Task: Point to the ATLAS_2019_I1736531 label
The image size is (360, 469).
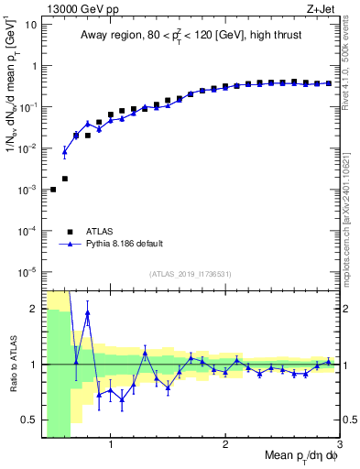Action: coord(191,274)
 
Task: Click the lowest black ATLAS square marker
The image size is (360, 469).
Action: coord(53,190)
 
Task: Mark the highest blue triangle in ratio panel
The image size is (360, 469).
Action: coord(88,313)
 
